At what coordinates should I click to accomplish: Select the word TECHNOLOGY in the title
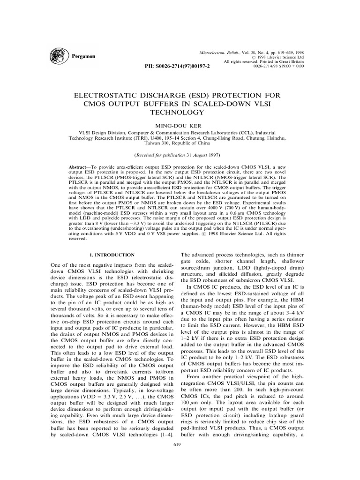click(180, 112)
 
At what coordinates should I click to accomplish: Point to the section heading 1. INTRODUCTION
click(112, 255)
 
